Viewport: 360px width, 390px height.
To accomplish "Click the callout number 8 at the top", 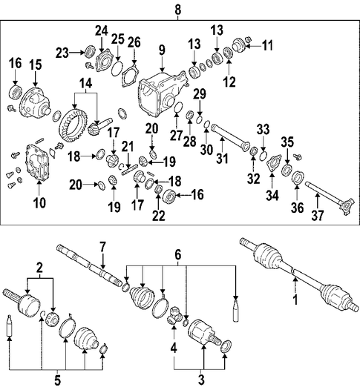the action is pos(177,10).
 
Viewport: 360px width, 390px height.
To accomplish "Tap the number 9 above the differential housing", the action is pos(162,50).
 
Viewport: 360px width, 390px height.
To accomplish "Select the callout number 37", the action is pos(318,216).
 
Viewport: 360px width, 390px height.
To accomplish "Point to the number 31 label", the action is pos(222,158).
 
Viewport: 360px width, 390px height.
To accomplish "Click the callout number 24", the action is pos(102,31).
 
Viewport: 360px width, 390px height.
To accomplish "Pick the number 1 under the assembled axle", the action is pos(295,300).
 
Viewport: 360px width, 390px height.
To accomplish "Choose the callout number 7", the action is pos(103,248).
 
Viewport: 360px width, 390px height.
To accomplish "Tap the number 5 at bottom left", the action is pos(57,380).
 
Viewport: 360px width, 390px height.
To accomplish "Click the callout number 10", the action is pos(39,202).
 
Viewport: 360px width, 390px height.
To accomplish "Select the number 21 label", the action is pos(128,147).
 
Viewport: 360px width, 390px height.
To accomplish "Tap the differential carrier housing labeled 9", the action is pos(163,94).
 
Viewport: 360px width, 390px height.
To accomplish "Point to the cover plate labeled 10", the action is pos(37,162).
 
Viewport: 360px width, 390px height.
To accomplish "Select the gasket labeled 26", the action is pos(130,75).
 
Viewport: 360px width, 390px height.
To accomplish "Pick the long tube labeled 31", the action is pos(230,138).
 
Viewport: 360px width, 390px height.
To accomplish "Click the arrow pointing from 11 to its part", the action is pos(253,46).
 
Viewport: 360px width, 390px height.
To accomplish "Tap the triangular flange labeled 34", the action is pos(274,162).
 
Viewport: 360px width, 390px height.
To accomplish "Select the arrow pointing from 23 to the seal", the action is pos(77,53).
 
